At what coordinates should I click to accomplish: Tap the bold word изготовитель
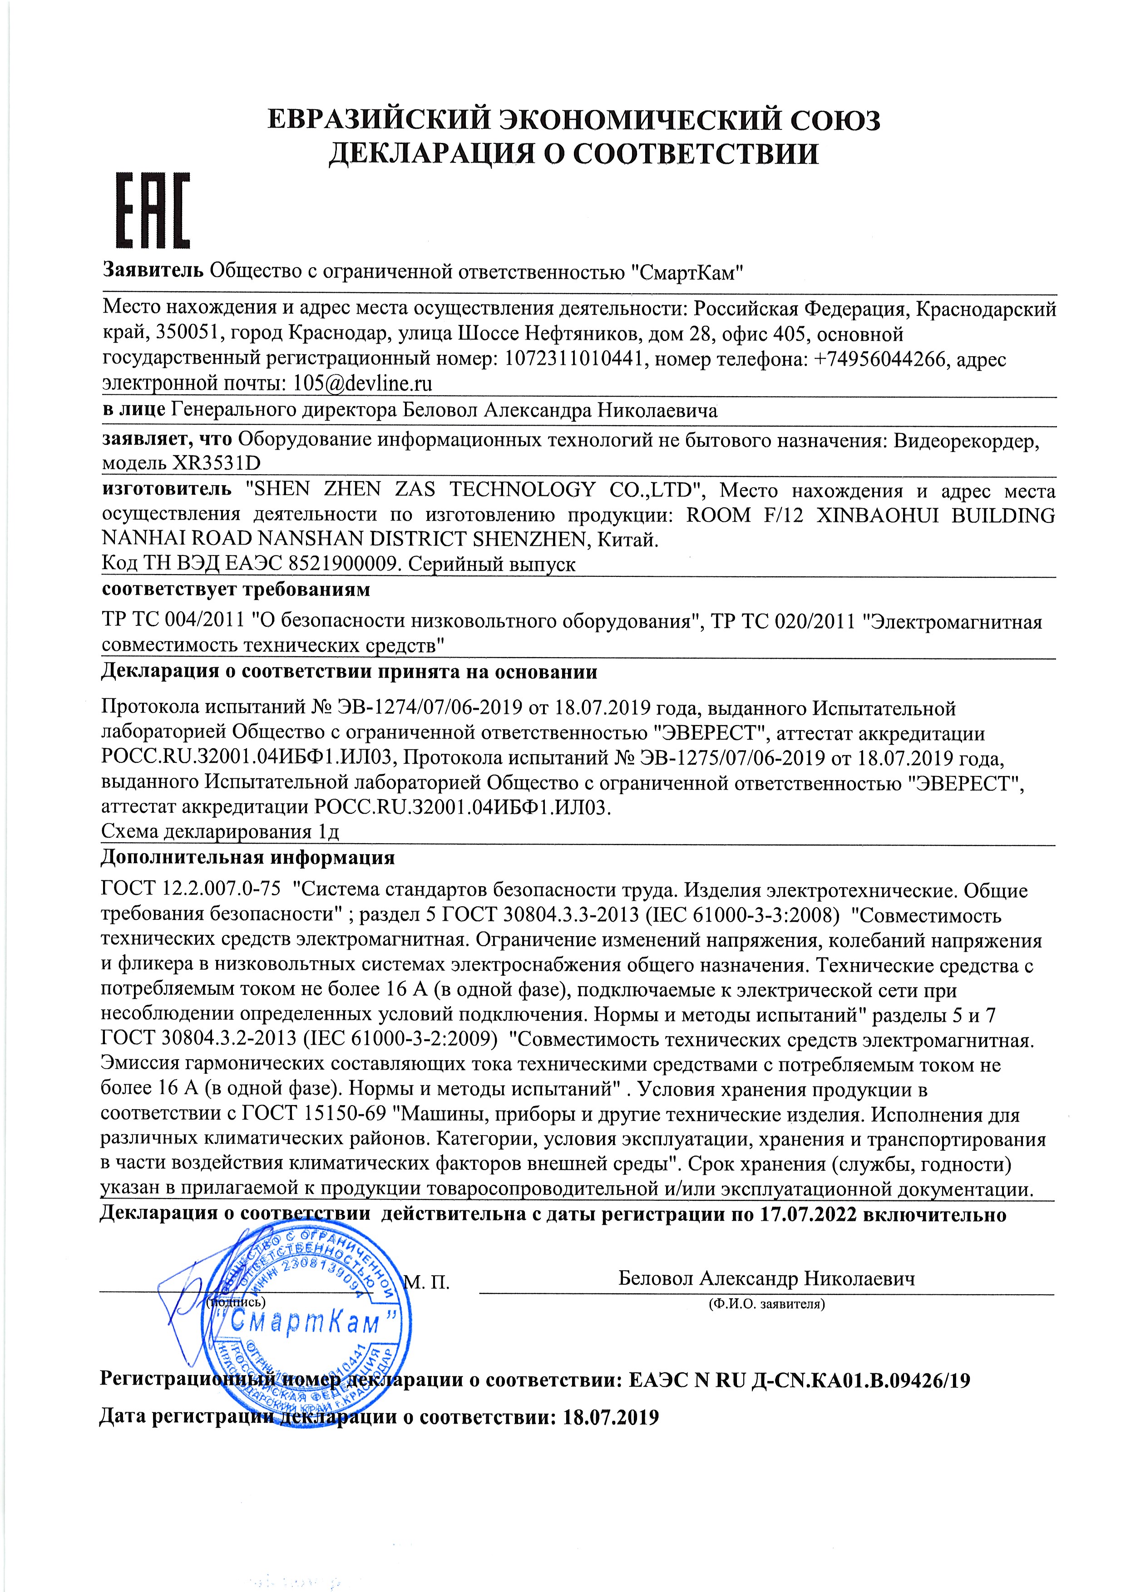(167, 490)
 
